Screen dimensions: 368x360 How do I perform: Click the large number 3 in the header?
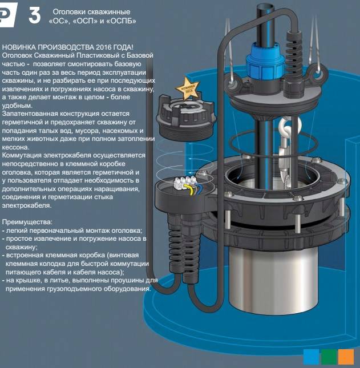[35, 15]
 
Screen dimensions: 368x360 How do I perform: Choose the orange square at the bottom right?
[346, 357]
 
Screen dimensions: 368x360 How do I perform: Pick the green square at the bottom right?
[329, 357]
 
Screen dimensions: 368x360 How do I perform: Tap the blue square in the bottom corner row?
[311, 357]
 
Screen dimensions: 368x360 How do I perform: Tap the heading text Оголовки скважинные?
[91, 11]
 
